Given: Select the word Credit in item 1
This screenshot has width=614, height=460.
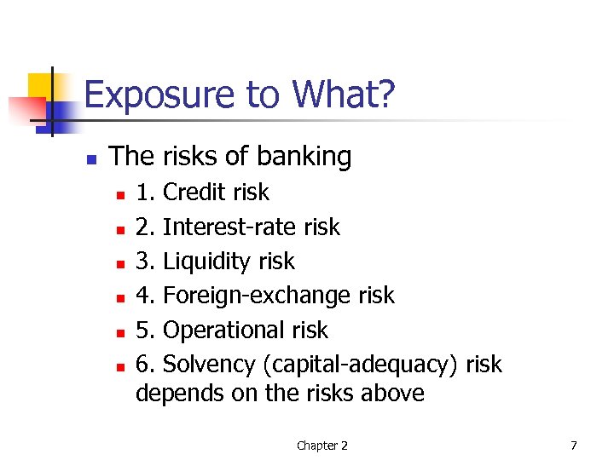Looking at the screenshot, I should pyautogui.click(x=195, y=193).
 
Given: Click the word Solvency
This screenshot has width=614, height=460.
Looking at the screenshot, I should pyautogui.click(x=209, y=365).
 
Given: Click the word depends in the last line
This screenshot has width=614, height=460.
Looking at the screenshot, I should pyautogui.click(x=171, y=393).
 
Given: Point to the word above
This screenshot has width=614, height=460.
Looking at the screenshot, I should pyautogui.click(x=391, y=393).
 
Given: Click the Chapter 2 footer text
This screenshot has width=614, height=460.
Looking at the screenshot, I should pyautogui.click(x=321, y=445).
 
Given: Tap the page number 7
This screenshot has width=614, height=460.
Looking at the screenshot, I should pyautogui.click(x=574, y=445).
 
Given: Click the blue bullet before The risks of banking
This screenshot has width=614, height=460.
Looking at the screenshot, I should pyautogui.click(x=91, y=158).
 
